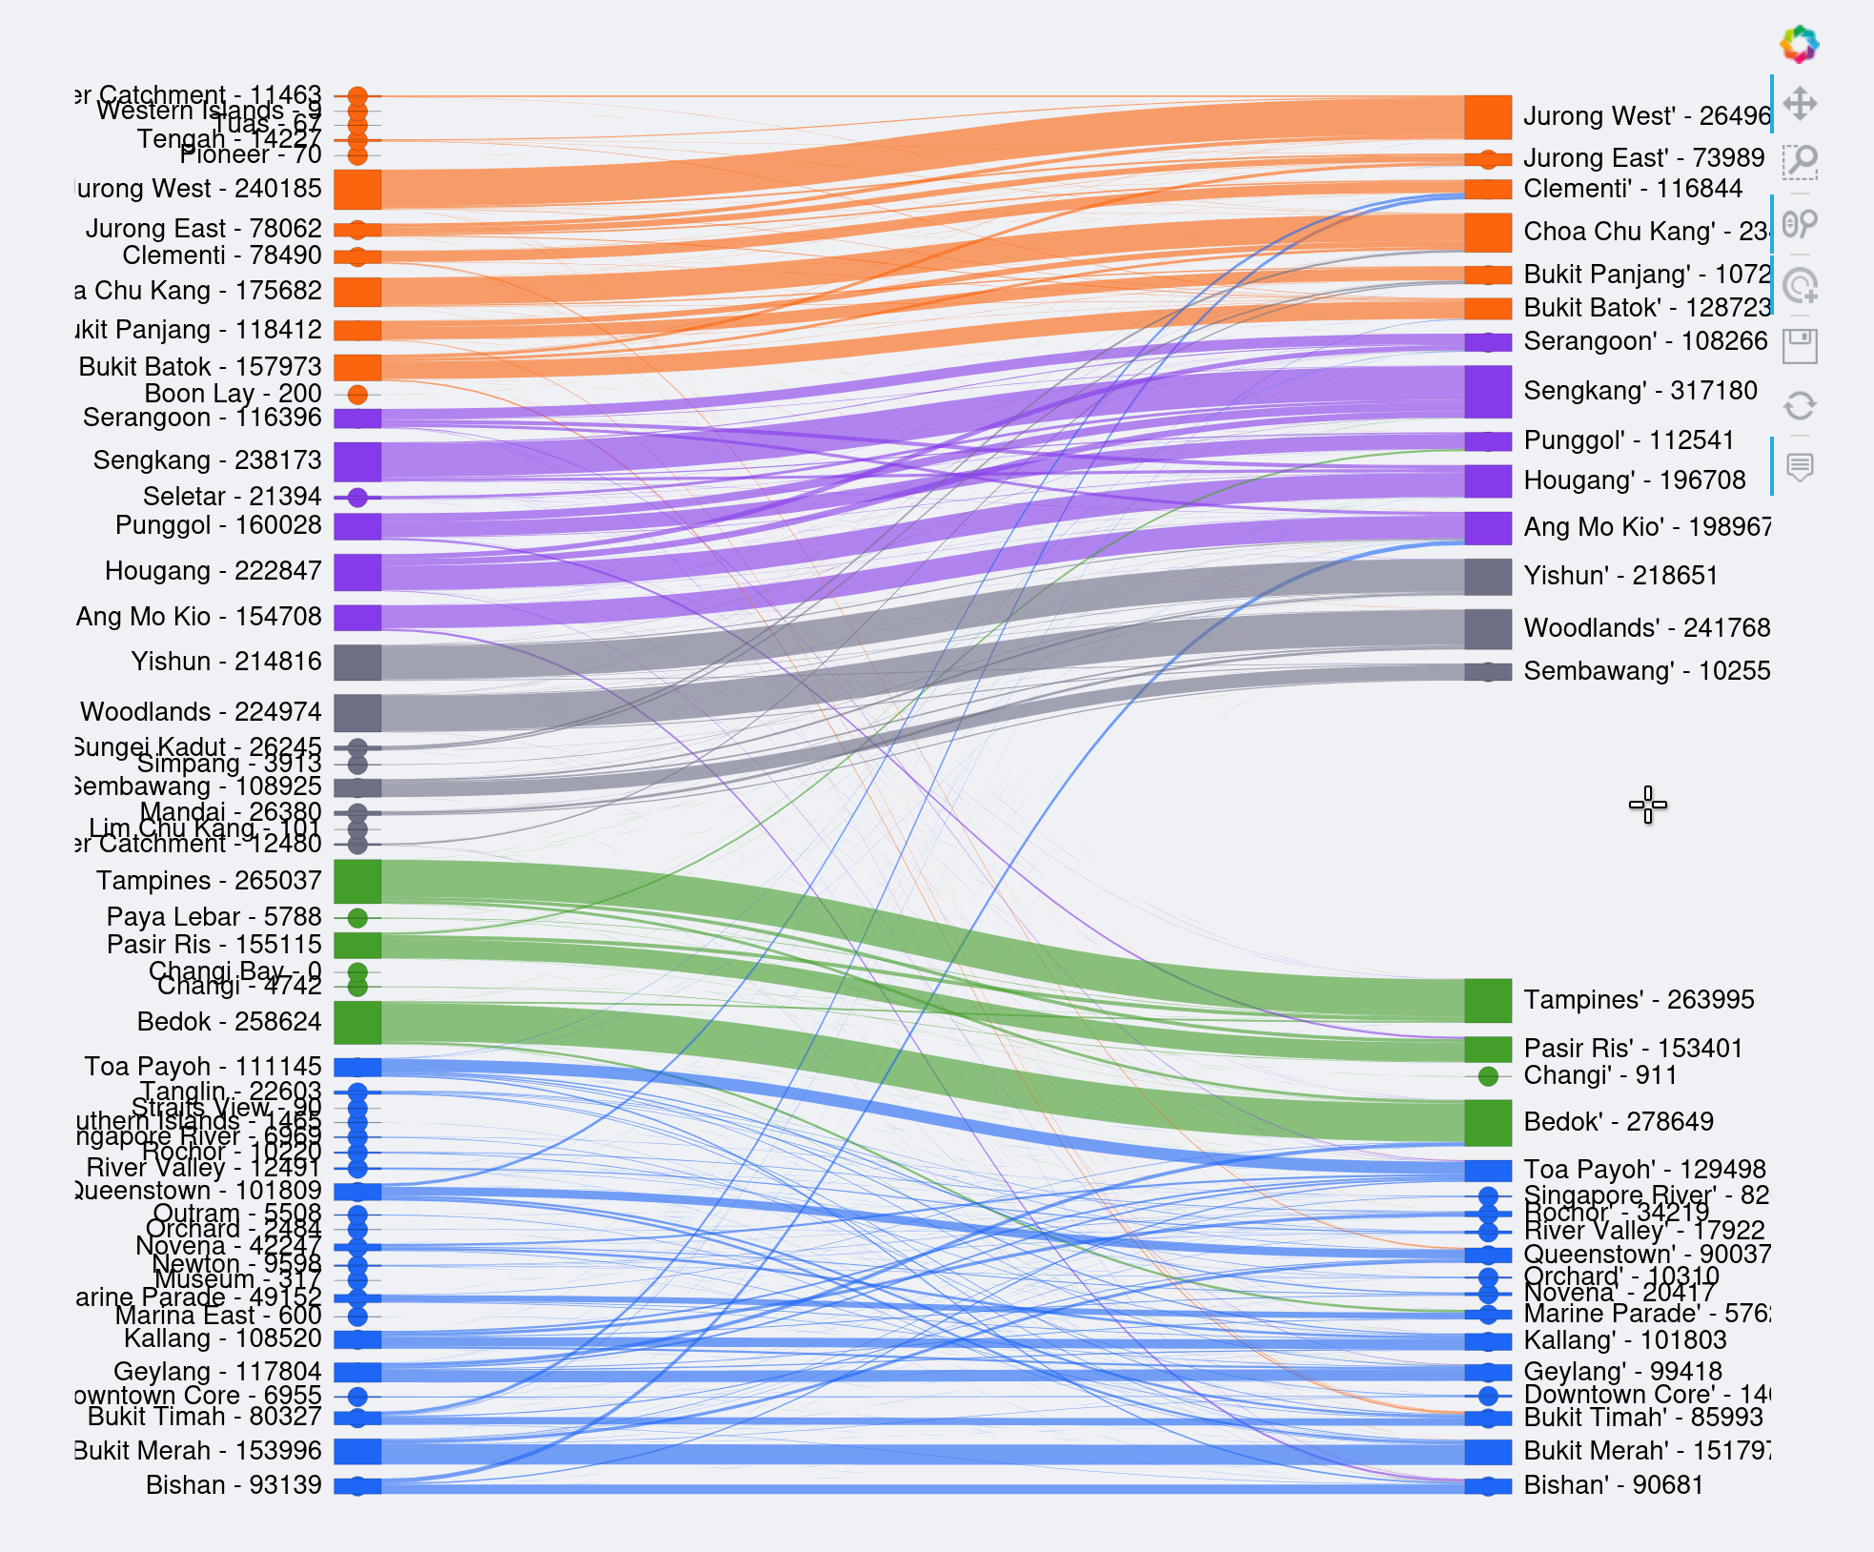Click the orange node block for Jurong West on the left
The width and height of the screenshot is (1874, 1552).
click(x=357, y=190)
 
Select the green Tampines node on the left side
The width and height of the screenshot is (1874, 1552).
click(x=357, y=881)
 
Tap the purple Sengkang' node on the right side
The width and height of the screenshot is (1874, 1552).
click(x=1488, y=392)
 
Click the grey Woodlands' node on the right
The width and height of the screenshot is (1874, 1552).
click(x=1488, y=628)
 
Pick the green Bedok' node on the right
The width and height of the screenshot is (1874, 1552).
click(x=1488, y=1122)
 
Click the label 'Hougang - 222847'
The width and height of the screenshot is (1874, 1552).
click(x=213, y=571)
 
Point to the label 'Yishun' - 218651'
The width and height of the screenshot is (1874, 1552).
click(x=1620, y=576)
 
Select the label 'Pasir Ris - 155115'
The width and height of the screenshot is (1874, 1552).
click(x=214, y=945)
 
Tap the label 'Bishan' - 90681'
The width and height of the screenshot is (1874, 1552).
click(x=1613, y=1485)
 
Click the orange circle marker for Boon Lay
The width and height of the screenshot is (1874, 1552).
click(x=357, y=395)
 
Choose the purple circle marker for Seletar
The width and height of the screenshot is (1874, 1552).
click(x=357, y=497)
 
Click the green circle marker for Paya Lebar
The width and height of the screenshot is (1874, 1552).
click(x=357, y=918)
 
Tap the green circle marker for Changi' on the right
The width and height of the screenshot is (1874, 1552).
click(x=1488, y=1076)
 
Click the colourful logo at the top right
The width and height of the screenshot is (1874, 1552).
click(x=1800, y=44)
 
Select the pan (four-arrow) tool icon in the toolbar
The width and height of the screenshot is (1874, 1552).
click(x=1800, y=104)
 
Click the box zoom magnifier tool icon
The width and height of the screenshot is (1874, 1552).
click(x=1800, y=162)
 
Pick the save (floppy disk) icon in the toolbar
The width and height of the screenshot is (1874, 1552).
click(x=1800, y=346)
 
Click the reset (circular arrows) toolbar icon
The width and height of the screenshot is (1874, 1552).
click(x=1800, y=406)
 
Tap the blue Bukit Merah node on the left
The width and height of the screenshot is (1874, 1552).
click(x=357, y=1451)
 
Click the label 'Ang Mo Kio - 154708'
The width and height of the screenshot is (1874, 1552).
click(x=198, y=617)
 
